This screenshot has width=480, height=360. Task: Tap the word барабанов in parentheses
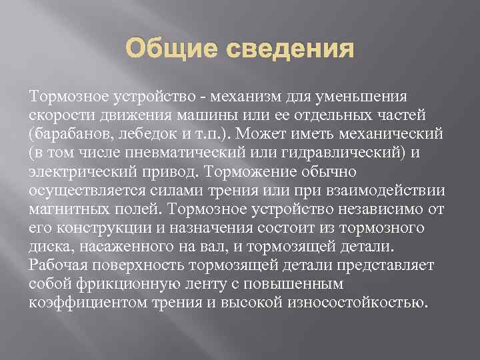pyautogui.click(x=73, y=134)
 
